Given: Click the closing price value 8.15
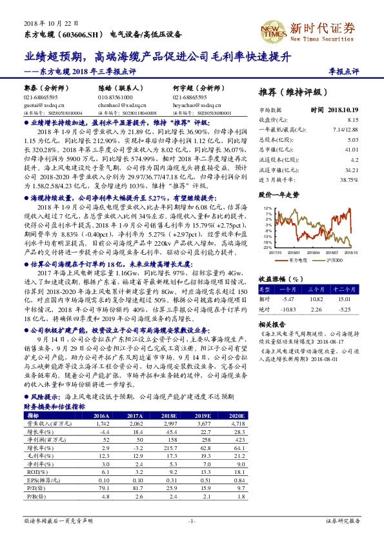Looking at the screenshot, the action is coord(352,120).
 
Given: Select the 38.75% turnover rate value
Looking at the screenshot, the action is coord(349,180).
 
